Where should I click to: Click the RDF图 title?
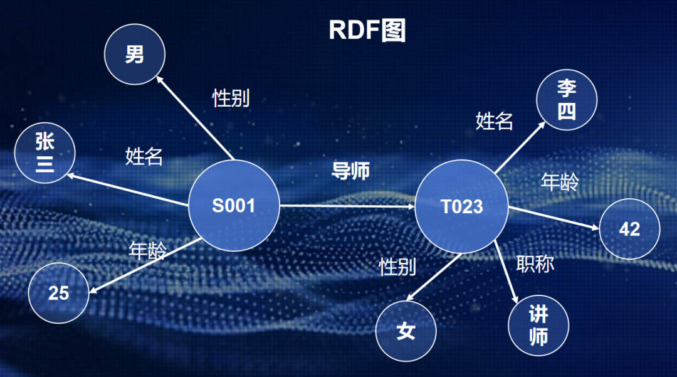pyautogui.click(x=367, y=29)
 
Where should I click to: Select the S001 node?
pyautogui.click(x=234, y=206)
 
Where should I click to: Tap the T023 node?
pyautogui.click(x=462, y=206)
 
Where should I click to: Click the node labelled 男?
pyautogui.click(x=134, y=55)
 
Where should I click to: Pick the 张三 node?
pyautogui.click(x=45, y=153)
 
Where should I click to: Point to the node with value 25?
pyautogui.click(x=59, y=293)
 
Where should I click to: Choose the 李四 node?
pyautogui.click(x=567, y=100)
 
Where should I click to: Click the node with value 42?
pyautogui.click(x=629, y=230)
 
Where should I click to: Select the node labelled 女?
pyautogui.click(x=406, y=331)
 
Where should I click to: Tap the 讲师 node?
pyautogui.click(x=539, y=327)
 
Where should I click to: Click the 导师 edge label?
pyautogui.click(x=350, y=171)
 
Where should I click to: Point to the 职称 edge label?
pyautogui.click(x=535, y=264)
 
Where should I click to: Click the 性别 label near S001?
pyautogui.click(x=231, y=98)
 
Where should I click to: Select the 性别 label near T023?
pyautogui.click(x=397, y=267)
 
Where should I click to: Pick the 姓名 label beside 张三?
pyautogui.click(x=144, y=156)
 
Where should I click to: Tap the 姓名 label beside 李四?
pyautogui.click(x=495, y=120)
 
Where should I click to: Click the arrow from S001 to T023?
pyautogui.click(x=347, y=206)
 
